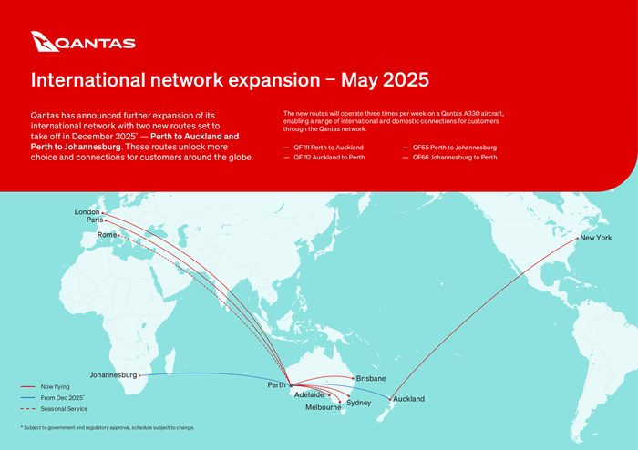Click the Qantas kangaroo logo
click(45, 41)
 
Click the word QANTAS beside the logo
click(97, 43)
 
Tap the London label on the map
click(87, 212)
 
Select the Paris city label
click(95, 220)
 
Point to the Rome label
click(107, 235)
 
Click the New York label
click(596, 238)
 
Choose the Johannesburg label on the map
click(114, 374)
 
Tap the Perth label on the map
click(277, 385)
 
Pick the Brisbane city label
click(371, 378)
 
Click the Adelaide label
click(308, 395)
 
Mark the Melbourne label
click(323, 407)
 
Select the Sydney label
click(359, 402)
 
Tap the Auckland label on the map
click(408, 399)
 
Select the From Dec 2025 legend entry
click(61, 398)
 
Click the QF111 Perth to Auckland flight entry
click(328, 147)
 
